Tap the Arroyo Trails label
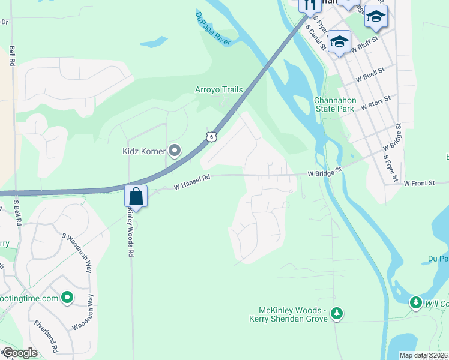(x=218, y=90)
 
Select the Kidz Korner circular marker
(x=175, y=150)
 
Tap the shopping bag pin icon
(x=136, y=196)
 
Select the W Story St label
(x=376, y=102)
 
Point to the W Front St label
(x=419, y=183)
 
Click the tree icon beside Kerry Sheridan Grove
(x=337, y=313)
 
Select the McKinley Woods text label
(x=292, y=310)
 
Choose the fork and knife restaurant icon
(x=310, y=5)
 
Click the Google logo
(x=19, y=353)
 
